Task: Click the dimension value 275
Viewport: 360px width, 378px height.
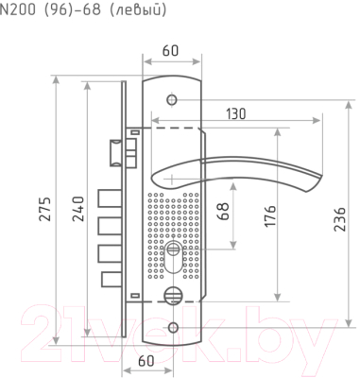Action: (x=46, y=209)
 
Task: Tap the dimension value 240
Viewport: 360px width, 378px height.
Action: (x=78, y=209)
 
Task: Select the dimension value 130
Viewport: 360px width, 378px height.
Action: (x=236, y=113)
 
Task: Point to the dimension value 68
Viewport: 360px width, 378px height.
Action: (x=223, y=211)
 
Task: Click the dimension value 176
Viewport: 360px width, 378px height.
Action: (x=270, y=215)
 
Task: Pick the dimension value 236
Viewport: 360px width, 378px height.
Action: (x=339, y=219)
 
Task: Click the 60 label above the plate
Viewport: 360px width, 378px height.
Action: (x=170, y=50)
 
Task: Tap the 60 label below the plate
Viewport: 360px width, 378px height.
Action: (x=146, y=361)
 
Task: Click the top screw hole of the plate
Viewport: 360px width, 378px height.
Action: (x=172, y=99)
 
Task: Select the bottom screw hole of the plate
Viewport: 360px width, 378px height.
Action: (x=173, y=328)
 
